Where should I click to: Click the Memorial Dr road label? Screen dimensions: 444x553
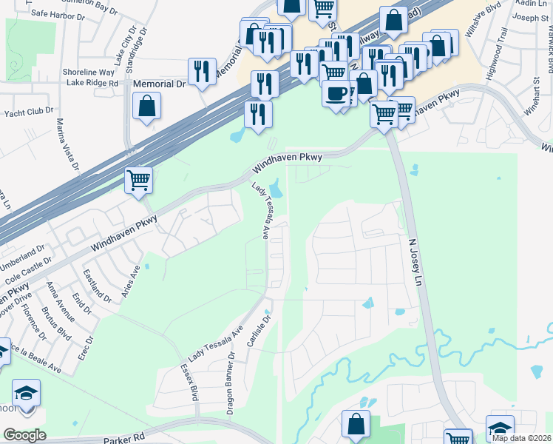(159, 84)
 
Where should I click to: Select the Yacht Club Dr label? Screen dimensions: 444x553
(27, 110)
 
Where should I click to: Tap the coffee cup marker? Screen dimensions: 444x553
(336, 94)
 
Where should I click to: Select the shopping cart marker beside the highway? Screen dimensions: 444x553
(138, 180)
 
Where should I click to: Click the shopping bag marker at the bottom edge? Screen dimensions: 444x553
(356, 425)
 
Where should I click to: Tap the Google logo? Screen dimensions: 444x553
(24, 435)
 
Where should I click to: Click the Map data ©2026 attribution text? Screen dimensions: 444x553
(521, 438)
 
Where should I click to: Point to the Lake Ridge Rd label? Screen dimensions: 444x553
(92, 84)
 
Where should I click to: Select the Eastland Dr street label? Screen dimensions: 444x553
(97, 286)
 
